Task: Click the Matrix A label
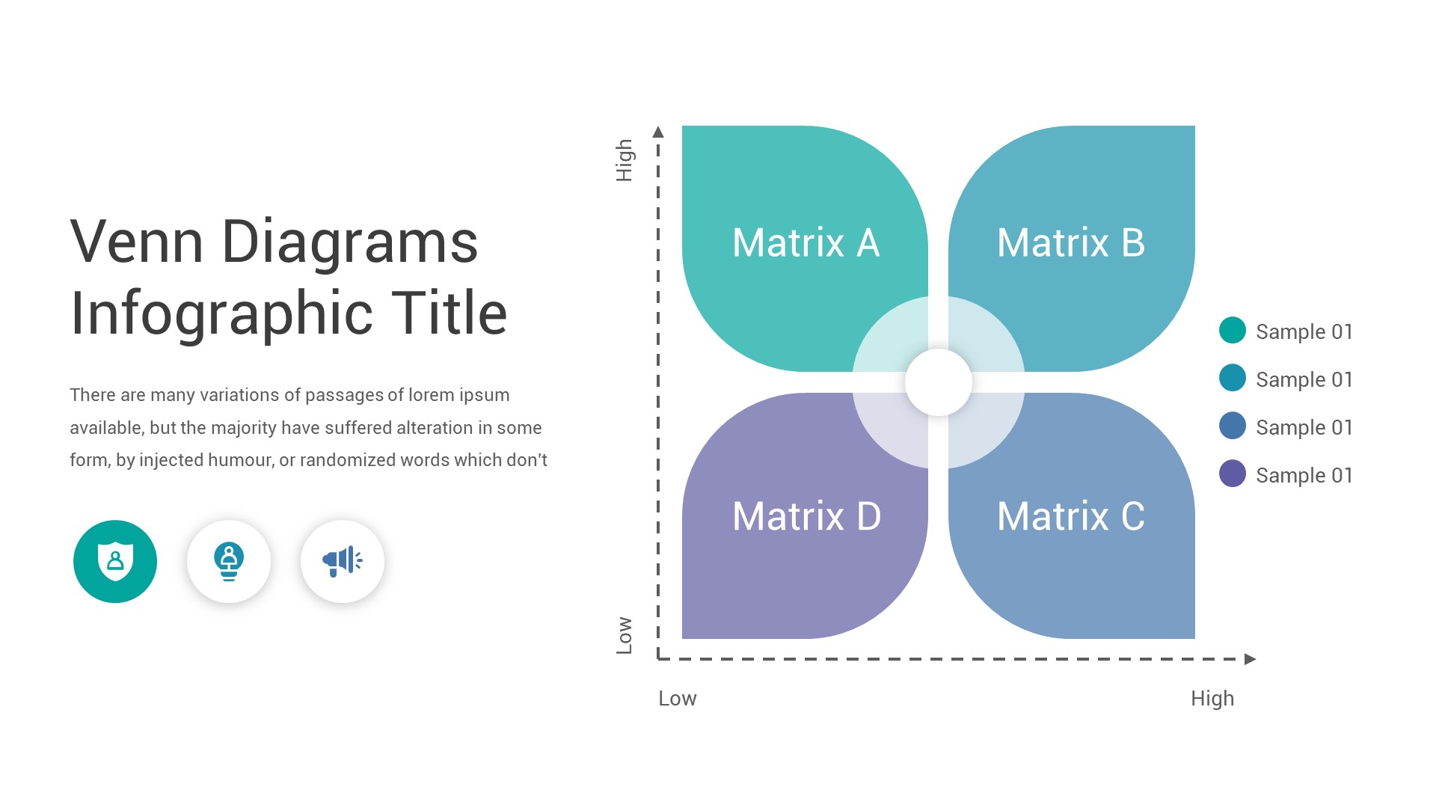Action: click(x=806, y=243)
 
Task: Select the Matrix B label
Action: click(x=1071, y=243)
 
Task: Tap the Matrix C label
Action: click(x=1071, y=516)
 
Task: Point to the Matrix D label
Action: click(x=806, y=516)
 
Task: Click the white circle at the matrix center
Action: click(x=938, y=382)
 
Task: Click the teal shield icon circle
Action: click(x=115, y=561)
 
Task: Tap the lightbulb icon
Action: click(x=229, y=561)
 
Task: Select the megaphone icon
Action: click(x=343, y=561)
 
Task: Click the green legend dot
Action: click(x=1232, y=330)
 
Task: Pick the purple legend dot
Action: click(x=1232, y=474)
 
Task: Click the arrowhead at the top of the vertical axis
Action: click(x=658, y=132)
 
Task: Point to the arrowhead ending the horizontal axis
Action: click(x=1250, y=659)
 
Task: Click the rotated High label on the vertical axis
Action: click(x=625, y=160)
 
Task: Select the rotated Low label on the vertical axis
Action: click(x=625, y=635)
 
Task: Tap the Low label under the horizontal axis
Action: click(x=677, y=699)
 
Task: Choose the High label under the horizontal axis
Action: click(x=1212, y=699)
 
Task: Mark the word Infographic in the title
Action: click(x=221, y=313)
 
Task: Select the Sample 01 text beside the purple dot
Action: click(x=1304, y=475)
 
